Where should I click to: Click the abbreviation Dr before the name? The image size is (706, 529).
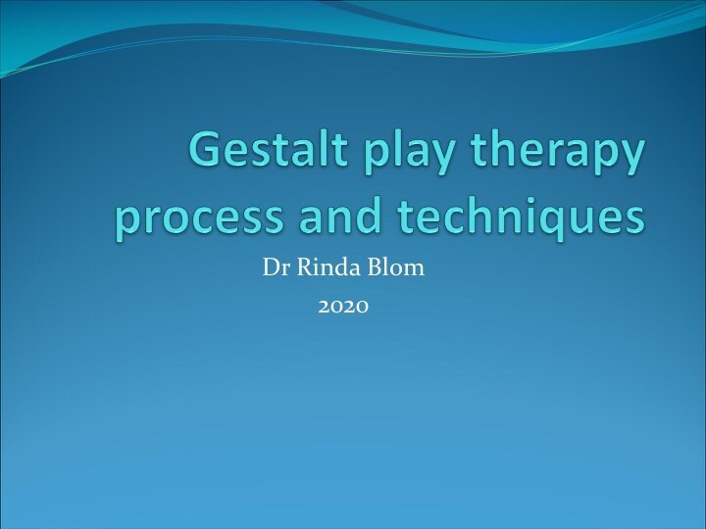point(274,267)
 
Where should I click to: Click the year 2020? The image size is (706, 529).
point(343,307)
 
